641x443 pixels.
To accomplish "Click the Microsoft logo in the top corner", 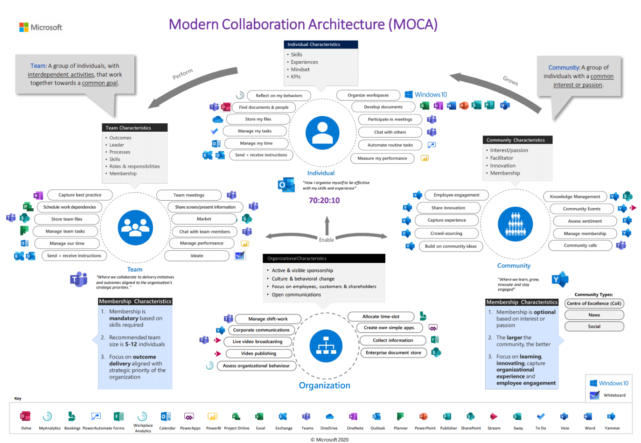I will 40,28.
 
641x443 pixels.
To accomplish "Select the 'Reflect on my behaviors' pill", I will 279,96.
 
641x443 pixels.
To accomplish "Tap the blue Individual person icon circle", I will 322,133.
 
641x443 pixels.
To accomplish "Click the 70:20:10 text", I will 324,201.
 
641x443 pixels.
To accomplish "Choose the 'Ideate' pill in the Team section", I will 197,256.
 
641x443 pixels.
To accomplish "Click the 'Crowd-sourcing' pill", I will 446,233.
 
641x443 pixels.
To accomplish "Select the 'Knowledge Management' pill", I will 575,197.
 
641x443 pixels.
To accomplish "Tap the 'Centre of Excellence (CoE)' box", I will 594,303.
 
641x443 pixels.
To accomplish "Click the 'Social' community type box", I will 594,327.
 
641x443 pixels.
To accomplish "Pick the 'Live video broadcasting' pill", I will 258,342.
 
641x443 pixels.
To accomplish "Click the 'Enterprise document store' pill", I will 393,353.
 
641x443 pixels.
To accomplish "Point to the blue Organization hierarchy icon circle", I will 326,346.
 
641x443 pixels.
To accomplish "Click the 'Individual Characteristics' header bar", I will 320,45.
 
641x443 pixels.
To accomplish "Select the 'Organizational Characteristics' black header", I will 324,259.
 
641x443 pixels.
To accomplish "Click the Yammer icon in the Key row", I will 612,416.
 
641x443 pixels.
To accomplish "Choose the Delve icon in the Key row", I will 26,416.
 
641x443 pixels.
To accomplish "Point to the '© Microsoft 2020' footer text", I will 329,440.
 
